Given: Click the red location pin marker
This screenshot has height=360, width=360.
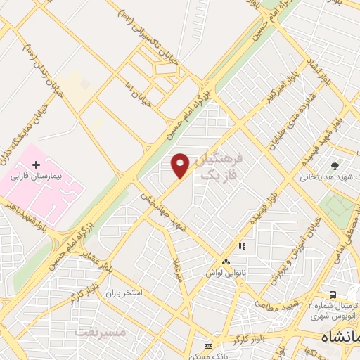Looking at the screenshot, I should [181, 166].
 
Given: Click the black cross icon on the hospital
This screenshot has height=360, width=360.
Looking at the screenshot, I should [36, 164].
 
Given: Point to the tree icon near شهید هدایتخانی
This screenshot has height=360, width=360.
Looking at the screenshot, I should [335, 165].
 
